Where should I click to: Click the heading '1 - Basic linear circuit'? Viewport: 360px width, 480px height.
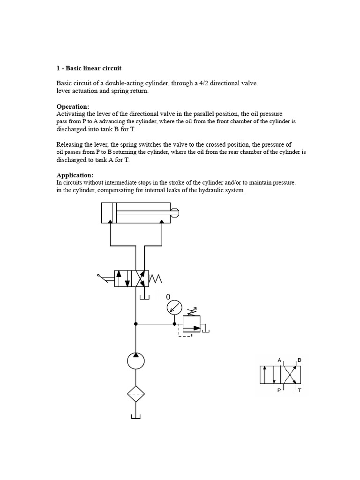click(89, 68)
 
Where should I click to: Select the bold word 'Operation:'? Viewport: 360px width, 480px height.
click(73, 106)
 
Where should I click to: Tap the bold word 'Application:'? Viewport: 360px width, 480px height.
click(75, 175)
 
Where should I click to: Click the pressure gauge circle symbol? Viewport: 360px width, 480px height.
click(174, 308)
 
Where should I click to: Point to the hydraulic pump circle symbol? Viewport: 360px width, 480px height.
click(136, 361)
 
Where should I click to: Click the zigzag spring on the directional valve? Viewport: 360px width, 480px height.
click(155, 279)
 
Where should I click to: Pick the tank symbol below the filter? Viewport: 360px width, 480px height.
click(136, 416)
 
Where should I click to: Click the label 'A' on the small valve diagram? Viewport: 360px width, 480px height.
click(280, 360)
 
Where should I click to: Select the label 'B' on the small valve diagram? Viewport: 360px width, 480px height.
click(299, 360)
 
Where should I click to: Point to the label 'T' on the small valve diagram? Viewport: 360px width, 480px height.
click(300, 390)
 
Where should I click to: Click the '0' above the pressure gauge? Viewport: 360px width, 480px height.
click(168, 297)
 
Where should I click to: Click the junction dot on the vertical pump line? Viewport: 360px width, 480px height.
click(136, 323)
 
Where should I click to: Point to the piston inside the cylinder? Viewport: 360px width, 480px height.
click(112, 212)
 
